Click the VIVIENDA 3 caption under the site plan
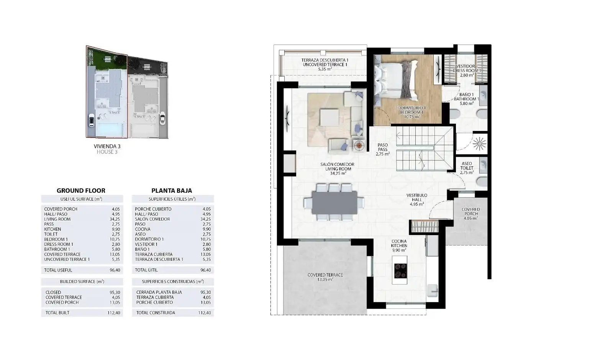[107, 146]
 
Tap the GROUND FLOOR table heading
[81, 191]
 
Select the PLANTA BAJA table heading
[172, 191]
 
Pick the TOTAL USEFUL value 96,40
[115, 270]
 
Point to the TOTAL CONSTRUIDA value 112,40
[205, 313]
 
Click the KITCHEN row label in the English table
[52, 229]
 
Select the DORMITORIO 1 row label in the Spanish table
[149, 239]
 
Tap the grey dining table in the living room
[334, 203]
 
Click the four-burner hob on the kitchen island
[400, 270]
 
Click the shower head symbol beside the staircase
[480, 143]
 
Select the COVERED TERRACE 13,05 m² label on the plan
[325, 277]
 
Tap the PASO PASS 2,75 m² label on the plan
[383, 150]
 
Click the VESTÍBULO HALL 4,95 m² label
[417, 200]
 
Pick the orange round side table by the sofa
[359, 146]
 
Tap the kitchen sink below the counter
[433, 291]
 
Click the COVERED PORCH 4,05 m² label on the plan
[471, 214]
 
